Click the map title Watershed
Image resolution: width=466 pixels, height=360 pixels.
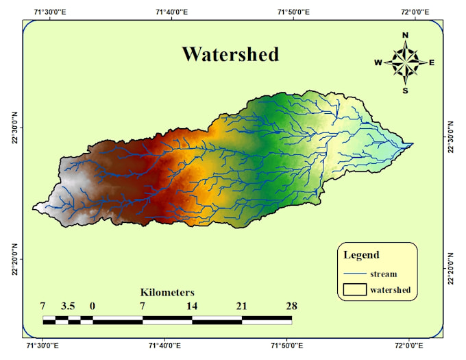230,54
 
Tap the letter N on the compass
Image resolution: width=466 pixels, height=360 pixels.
405,36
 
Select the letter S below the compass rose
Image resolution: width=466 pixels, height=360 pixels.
405,90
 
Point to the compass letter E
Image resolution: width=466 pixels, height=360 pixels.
432,62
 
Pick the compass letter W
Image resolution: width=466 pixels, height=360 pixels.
378,62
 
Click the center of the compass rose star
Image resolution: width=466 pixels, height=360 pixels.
405,62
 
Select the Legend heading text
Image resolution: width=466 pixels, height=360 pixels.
361,255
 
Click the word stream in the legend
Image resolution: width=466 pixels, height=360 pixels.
383,274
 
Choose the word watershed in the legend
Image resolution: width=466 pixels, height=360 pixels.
391,290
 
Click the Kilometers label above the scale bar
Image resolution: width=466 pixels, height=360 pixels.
167,292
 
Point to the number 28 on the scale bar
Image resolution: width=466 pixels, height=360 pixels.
291,306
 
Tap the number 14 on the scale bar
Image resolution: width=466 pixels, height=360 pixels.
192,306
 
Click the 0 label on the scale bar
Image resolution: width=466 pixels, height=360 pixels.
93,306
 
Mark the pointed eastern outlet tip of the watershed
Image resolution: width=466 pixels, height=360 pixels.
413,144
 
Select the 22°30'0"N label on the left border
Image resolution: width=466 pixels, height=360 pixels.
13,129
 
